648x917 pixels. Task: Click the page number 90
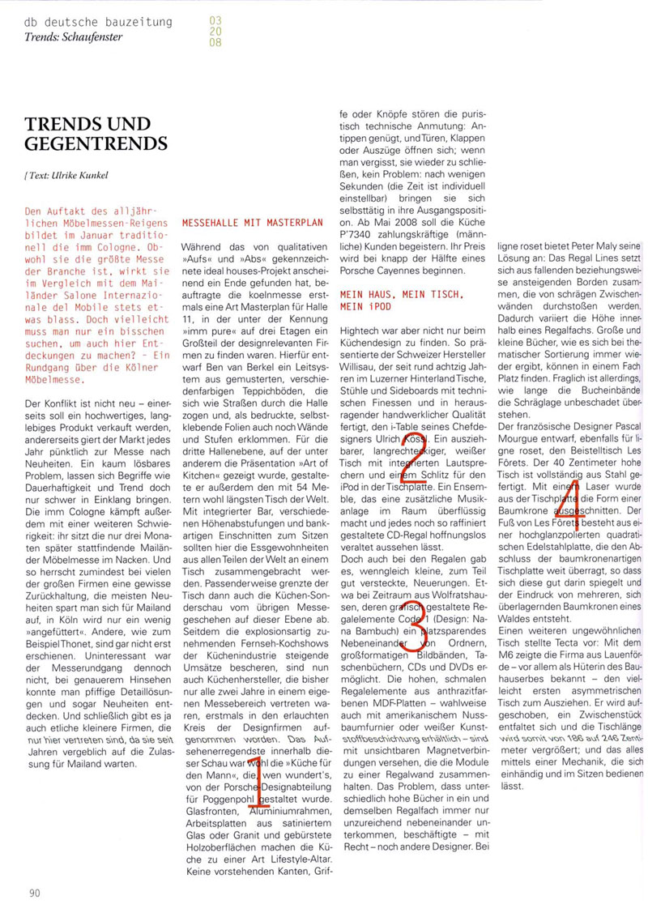pyautogui.click(x=33, y=893)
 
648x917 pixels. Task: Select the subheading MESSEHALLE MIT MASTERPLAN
pyautogui.click(x=253, y=221)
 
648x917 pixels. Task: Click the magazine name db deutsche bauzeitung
pyautogui.click(x=99, y=22)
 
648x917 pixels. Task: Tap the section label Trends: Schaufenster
pyautogui.click(x=74, y=37)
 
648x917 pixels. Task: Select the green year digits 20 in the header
pyautogui.click(x=215, y=31)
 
